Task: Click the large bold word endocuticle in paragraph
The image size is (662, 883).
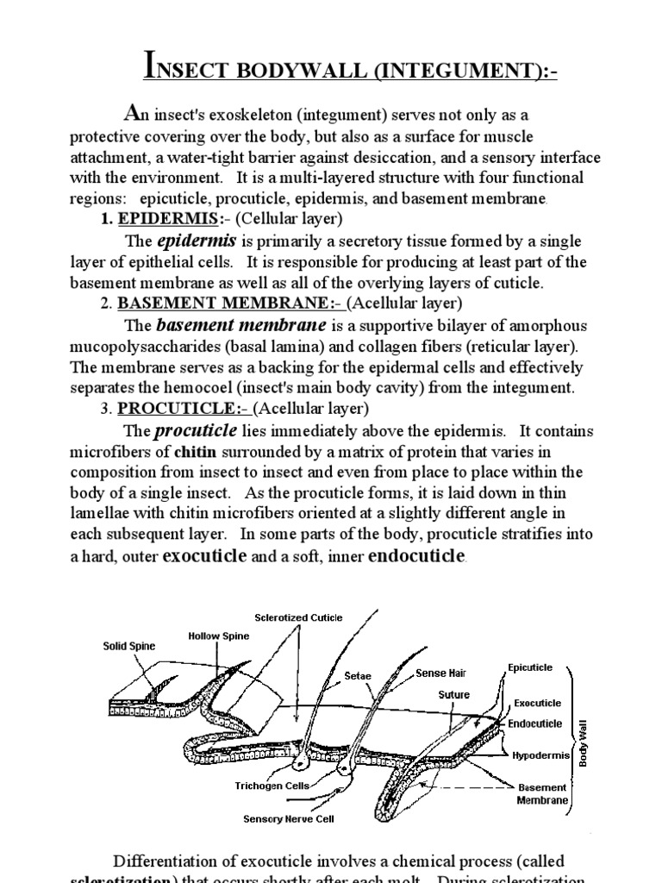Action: [x=416, y=556]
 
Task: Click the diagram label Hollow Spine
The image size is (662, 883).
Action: [x=219, y=636]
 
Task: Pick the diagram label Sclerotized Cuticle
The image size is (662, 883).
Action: [x=298, y=617]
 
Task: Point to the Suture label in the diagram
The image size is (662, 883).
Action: [x=454, y=694]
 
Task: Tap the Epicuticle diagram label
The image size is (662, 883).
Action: [x=530, y=667]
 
